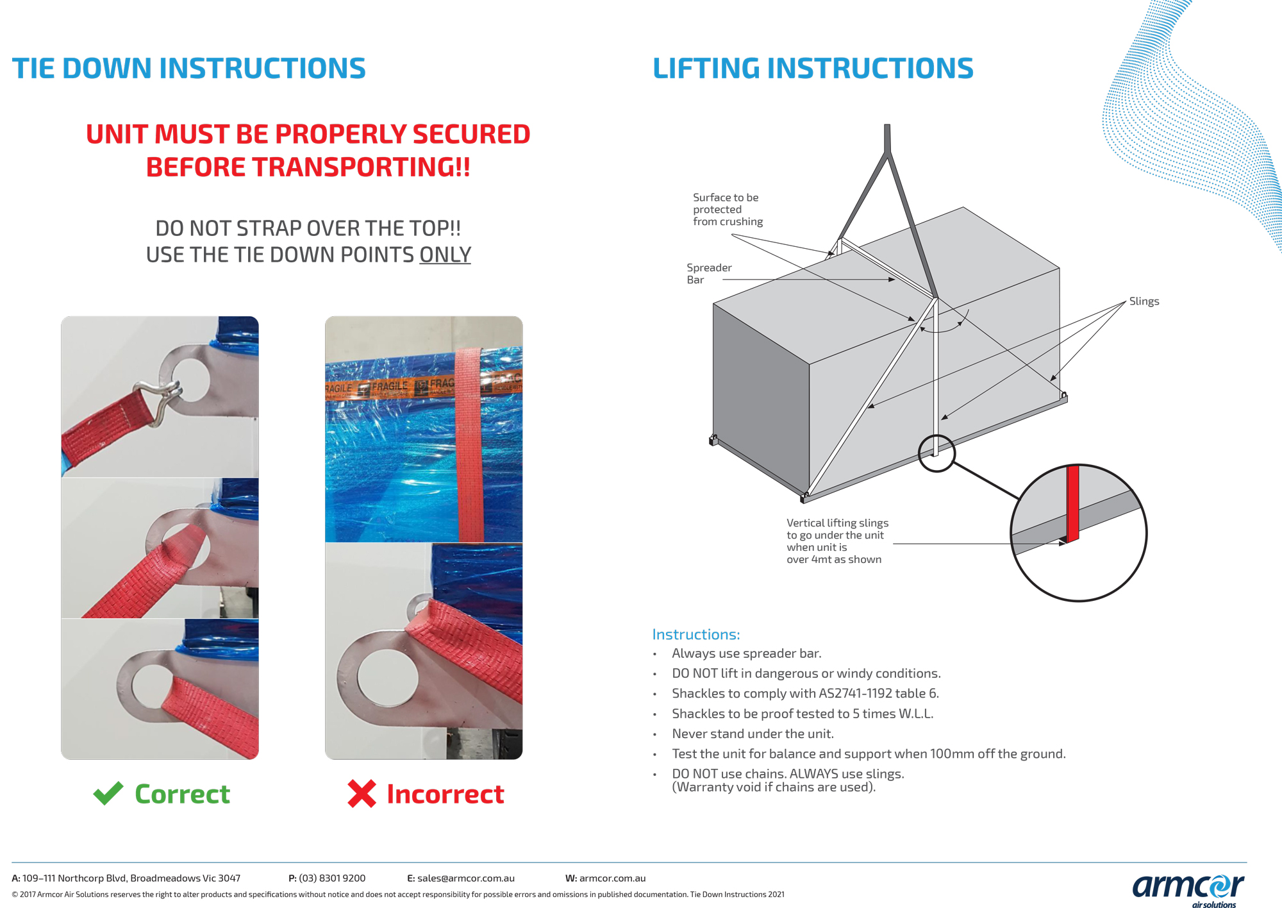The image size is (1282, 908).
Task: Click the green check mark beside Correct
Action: click(x=108, y=793)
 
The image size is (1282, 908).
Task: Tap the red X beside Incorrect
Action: click(x=362, y=793)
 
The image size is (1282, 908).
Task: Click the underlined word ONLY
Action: click(x=445, y=255)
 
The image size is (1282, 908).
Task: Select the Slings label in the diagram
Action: click(x=1144, y=301)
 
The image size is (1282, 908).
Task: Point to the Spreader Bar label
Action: click(x=708, y=274)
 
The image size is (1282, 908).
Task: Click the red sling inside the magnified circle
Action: click(x=1072, y=503)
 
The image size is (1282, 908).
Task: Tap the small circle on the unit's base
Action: click(x=937, y=453)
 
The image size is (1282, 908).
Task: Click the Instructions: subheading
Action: click(x=695, y=634)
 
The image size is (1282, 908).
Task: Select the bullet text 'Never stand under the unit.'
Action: click(x=753, y=734)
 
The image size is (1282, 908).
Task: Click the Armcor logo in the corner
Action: click(x=1188, y=888)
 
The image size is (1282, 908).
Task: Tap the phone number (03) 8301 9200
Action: click(x=332, y=878)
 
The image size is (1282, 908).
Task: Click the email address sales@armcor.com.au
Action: click(x=466, y=878)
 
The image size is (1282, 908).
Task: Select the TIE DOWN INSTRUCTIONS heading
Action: click(x=189, y=69)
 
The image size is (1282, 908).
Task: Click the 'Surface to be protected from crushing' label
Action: click(x=728, y=210)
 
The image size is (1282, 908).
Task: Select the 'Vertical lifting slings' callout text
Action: click(x=837, y=541)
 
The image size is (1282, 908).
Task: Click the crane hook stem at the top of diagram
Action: click(x=887, y=138)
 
